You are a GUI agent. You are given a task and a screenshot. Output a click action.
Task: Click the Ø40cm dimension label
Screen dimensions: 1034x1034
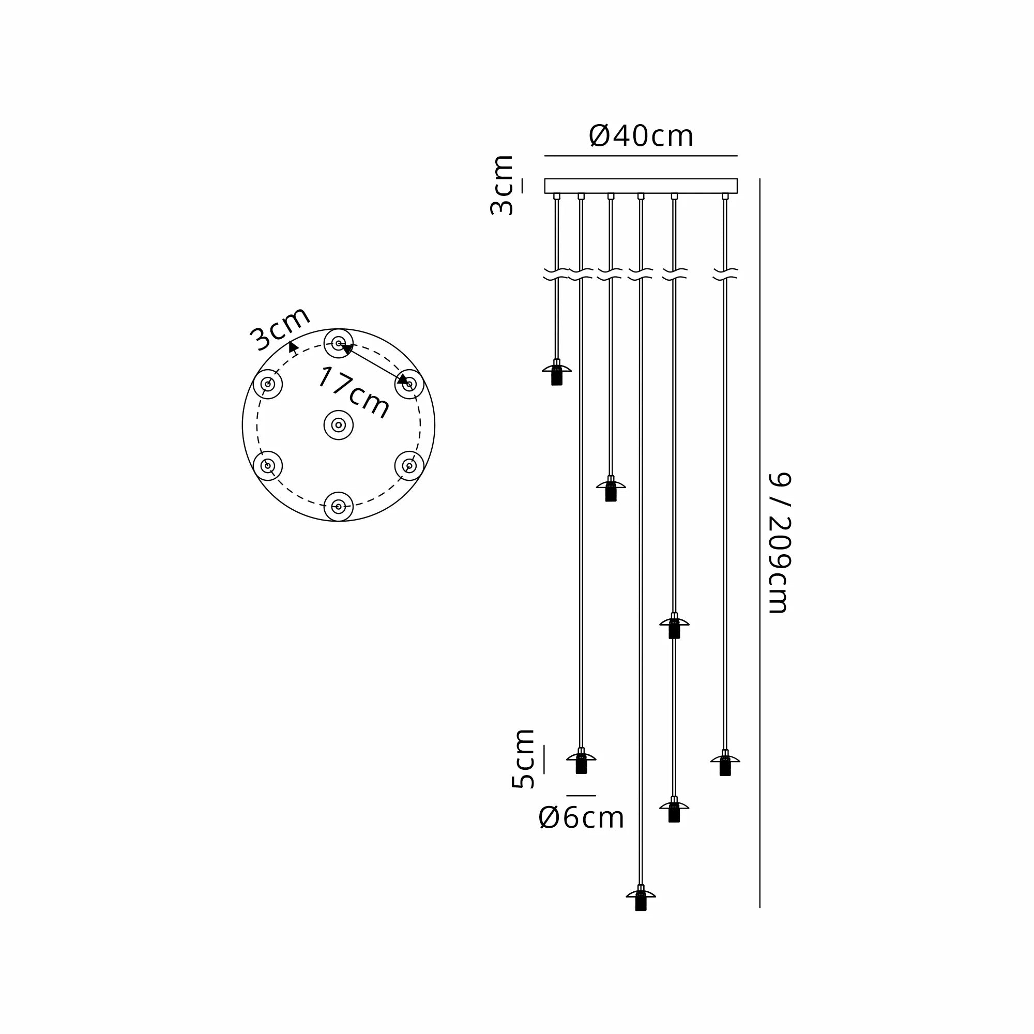point(641,136)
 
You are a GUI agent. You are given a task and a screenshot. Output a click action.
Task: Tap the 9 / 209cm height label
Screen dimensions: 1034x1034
point(779,543)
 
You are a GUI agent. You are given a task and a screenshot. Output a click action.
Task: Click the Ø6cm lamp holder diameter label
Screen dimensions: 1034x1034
point(581,817)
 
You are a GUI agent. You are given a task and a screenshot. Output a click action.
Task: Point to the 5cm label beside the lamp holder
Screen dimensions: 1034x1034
point(523,758)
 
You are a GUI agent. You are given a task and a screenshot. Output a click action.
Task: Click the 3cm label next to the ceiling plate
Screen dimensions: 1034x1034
point(502,185)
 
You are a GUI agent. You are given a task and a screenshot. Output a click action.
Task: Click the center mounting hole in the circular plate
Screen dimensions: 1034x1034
point(338,425)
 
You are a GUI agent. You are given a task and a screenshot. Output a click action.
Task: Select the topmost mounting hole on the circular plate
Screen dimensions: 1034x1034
point(338,343)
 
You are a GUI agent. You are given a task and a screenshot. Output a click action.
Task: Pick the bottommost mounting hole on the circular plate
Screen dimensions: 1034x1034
point(338,506)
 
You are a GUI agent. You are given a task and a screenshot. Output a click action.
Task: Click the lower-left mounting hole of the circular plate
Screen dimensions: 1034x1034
point(268,466)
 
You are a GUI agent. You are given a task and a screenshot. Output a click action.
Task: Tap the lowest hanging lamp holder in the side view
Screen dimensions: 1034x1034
point(641,900)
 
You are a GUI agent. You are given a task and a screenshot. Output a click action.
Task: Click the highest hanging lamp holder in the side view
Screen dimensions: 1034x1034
point(557,373)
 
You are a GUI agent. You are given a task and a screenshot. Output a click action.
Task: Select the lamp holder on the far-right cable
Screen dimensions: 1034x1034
point(725,763)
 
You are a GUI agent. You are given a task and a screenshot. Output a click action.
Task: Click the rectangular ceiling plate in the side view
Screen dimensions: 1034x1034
point(641,186)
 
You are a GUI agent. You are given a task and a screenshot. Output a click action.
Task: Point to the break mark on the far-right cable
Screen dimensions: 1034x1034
point(725,274)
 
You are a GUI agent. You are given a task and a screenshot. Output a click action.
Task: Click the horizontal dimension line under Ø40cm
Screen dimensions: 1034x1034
point(641,156)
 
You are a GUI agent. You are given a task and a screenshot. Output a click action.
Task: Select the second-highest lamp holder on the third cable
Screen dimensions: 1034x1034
point(611,489)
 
